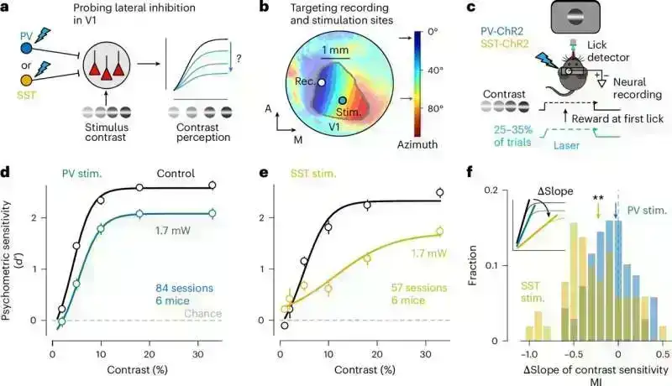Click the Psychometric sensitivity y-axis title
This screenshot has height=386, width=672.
[x=13, y=243]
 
